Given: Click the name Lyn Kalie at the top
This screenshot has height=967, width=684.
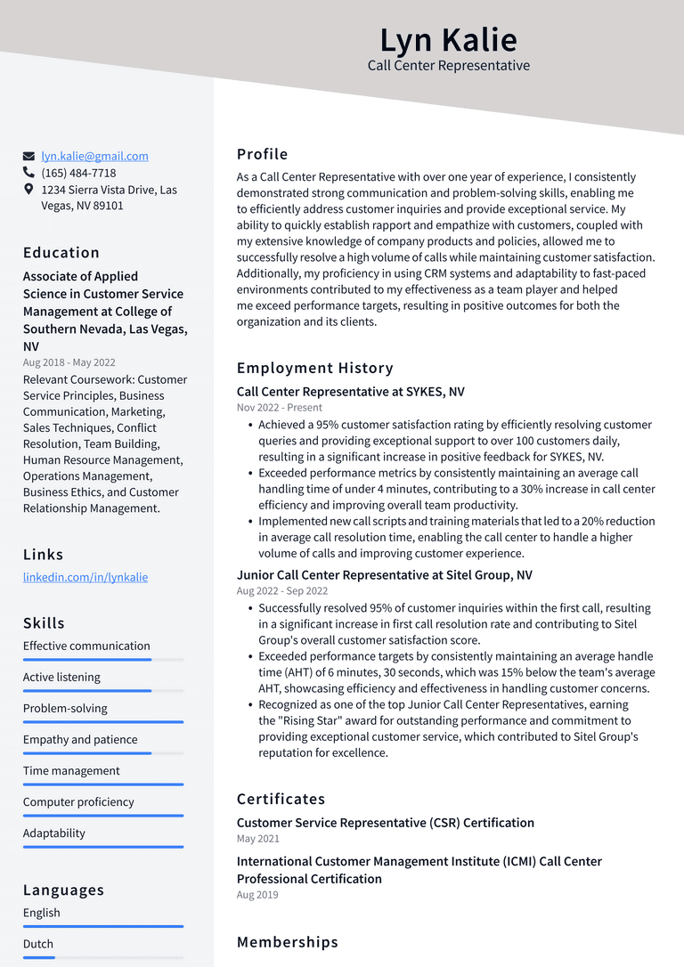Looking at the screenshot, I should (x=448, y=40).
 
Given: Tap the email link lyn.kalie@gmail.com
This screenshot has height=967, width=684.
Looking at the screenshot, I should (x=94, y=156).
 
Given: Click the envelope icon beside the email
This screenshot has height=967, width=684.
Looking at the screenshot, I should (x=28, y=156).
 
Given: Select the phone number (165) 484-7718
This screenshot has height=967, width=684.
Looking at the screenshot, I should (x=78, y=173).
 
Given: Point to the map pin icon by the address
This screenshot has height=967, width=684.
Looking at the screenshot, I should (x=28, y=190).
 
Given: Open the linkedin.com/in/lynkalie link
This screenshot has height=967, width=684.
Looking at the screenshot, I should (x=85, y=577).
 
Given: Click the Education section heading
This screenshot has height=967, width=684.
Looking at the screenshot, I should (x=61, y=252).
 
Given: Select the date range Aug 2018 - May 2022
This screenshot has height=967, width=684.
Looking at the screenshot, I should (x=69, y=362).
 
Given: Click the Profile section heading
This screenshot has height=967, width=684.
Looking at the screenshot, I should (x=262, y=154).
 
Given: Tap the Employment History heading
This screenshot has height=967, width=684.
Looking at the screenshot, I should (x=314, y=368).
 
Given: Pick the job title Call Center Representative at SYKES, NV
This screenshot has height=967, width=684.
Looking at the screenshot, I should (x=350, y=392).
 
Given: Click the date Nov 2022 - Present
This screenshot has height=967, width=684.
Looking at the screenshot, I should (x=280, y=408).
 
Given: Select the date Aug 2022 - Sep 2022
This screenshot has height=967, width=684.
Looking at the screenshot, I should (x=282, y=591).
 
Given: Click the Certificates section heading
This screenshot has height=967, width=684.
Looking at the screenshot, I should (x=281, y=799).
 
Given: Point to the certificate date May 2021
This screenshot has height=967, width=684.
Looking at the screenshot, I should (x=257, y=839).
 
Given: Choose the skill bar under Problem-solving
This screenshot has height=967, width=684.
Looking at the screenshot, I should (x=103, y=722).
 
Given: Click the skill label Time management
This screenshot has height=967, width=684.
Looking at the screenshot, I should (x=71, y=771).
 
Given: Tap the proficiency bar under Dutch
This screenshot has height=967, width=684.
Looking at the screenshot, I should (x=103, y=957).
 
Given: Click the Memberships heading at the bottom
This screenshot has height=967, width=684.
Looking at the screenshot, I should (x=287, y=942).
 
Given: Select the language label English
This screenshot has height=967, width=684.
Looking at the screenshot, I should (x=42, y=913).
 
